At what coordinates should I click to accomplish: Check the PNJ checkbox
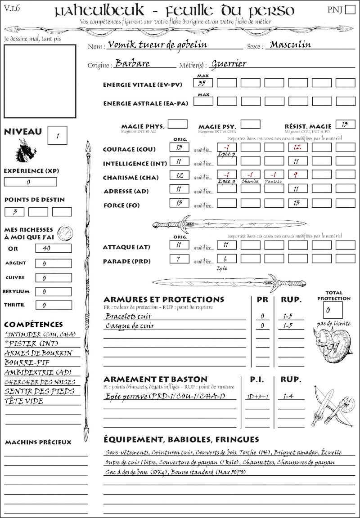click(350, 10)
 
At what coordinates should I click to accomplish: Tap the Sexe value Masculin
click(291, 45)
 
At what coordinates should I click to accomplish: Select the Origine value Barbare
click(132, 63)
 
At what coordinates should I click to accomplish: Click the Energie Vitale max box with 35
click(203, 83)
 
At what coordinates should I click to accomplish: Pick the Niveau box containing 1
click(58, 134)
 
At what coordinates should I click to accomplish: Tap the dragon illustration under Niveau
click(25, 150)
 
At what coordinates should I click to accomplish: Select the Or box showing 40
click(53, 249)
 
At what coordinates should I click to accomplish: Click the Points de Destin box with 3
click(14, 212)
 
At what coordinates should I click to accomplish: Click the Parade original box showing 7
click(179, 259)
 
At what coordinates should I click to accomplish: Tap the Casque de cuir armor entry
click(130, 326)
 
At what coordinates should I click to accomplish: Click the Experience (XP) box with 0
click(31, 182)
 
